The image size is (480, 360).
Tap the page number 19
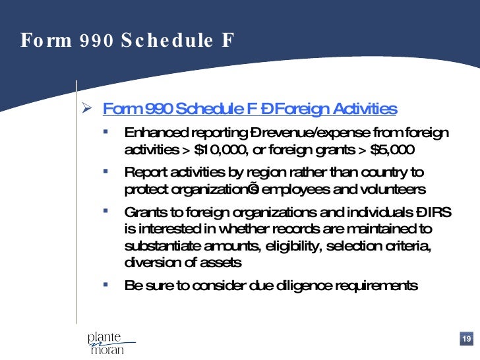[x=466, y=339]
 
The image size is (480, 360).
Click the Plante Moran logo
[x=108, y=343]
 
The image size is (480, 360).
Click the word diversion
[x=149, y=262]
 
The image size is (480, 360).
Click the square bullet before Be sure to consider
[x=105, y=285]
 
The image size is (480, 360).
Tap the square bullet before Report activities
[x=105, y=172]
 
